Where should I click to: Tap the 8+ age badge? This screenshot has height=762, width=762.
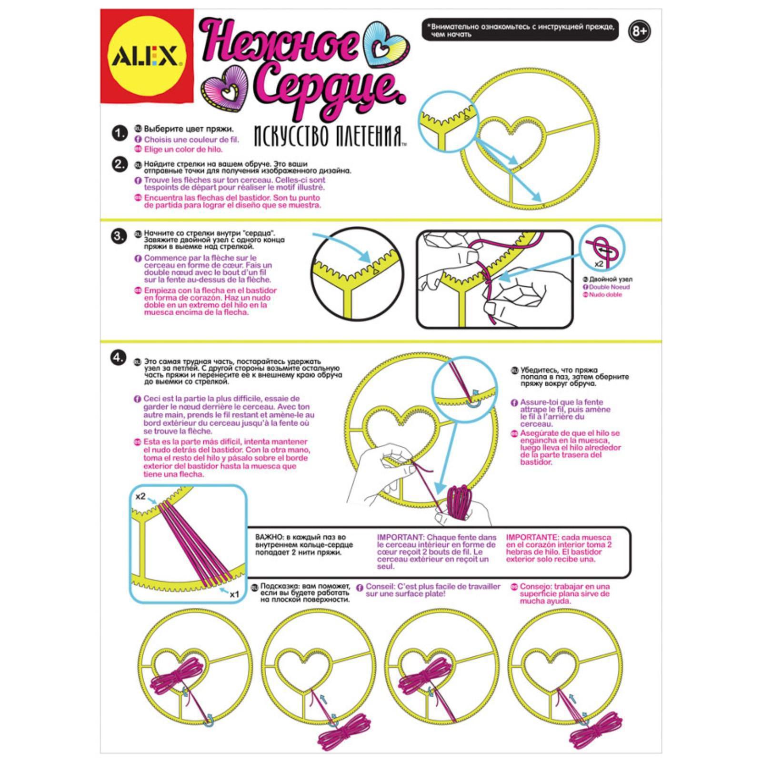[639, 31]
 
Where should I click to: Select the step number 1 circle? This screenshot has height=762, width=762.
[120, 133]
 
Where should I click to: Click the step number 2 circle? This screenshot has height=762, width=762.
[120, 164]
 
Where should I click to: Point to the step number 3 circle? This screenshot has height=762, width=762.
[119, 236]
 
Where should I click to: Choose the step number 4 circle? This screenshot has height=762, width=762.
[119, 357]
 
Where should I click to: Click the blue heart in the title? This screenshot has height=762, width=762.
[386, 45]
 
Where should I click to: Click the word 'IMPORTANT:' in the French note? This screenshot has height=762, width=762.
[401, 537]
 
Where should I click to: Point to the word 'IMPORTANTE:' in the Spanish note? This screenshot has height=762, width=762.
[532, 537]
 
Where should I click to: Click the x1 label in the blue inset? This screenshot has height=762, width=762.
[234, 594]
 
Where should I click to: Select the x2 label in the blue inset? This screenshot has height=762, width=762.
[140, 496]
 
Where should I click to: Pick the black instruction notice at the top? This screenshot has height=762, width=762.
[521, 30]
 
